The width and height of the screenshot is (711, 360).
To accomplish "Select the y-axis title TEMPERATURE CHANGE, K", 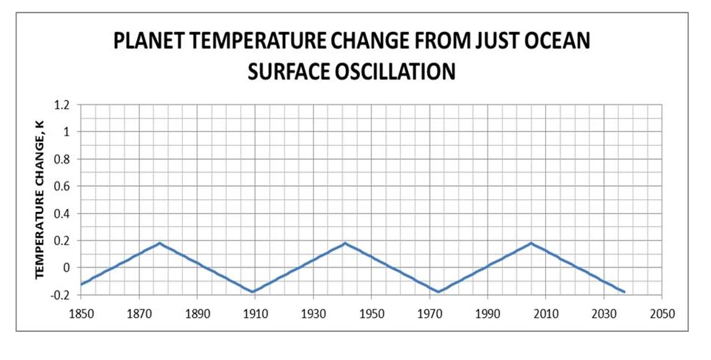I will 41,200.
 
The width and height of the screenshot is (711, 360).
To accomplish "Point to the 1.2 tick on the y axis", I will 61,105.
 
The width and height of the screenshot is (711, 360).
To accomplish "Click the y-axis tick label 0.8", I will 61,159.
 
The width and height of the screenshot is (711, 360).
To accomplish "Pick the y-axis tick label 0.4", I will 61,213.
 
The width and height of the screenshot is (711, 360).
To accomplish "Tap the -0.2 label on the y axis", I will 60,295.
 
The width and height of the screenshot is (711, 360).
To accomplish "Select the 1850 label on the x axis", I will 81,313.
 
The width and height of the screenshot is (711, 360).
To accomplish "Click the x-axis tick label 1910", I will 255,313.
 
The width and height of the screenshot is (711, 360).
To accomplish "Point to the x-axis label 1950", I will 371,313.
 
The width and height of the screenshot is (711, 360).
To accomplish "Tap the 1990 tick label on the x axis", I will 487,313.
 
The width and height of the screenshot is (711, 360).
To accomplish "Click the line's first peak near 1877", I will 159,243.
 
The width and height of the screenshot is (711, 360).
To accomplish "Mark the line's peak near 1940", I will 344,243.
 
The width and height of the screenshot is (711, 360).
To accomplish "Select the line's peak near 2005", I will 531,243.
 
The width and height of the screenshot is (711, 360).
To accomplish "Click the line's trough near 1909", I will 253,292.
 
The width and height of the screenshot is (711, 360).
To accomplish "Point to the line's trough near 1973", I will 438,292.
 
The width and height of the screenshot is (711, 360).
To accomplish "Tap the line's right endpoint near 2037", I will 624,292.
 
